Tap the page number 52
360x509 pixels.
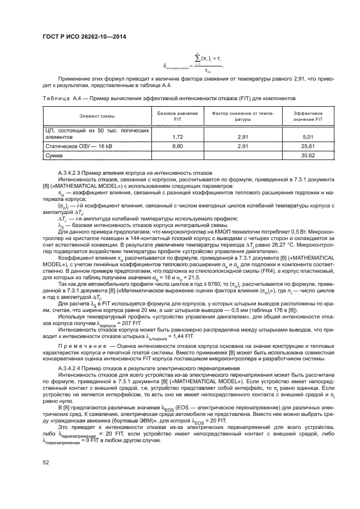click(46, 463)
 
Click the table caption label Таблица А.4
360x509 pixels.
click(60, 99)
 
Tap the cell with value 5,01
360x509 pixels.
click(308, 137)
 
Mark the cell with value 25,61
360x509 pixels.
click(308, 146)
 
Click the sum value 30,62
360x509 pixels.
click(308, 156)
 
